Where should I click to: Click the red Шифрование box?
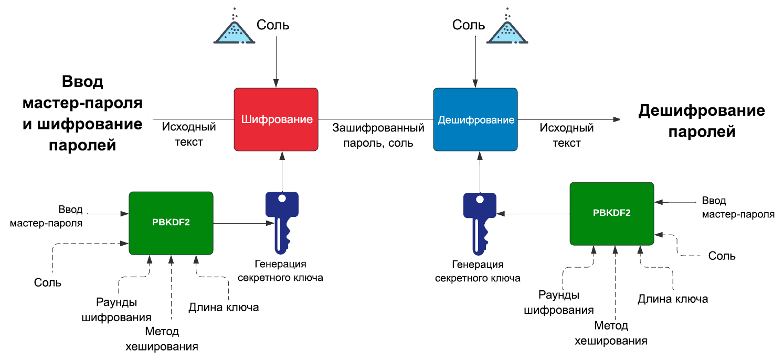(276, 119)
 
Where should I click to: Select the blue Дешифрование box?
(475, 119)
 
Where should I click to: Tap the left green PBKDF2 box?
(171, 223)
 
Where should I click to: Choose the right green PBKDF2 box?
(612, 213)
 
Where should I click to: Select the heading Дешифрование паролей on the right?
(701, 121)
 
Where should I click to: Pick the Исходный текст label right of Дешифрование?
(567, 135)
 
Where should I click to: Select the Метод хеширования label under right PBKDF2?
(611, 333)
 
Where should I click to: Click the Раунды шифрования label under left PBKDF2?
(117, 310)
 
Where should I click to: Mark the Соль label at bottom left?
(48, 282)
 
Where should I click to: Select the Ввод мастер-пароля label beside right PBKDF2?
(738, 208)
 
